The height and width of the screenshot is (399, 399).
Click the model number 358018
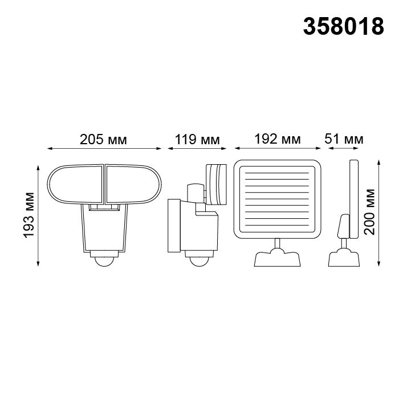pos(344,26)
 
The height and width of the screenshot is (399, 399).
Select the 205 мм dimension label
pos(103,140)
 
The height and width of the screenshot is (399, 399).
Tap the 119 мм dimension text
pos(197,140)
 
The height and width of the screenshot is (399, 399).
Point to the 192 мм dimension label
pos(278,139)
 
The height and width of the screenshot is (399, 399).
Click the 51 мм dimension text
pos(344,139)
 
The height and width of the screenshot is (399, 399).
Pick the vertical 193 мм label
pos(29,215)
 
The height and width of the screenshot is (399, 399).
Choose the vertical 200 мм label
pos(369,211)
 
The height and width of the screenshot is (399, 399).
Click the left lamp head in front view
pos(76,185)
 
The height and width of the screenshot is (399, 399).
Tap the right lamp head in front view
pos(133,185)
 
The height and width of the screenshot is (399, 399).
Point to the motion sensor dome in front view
pos(104,261)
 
